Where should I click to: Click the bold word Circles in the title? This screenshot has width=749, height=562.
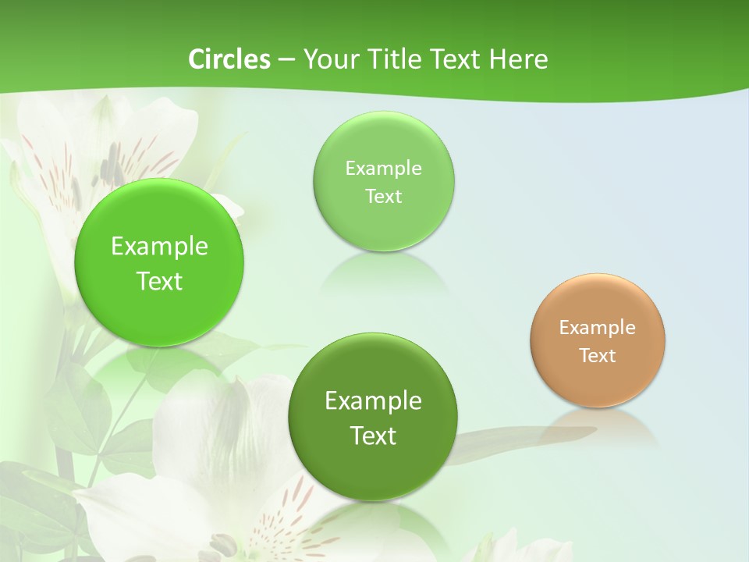click(229, 59)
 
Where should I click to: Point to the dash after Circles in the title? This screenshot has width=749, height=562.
click(286, 60)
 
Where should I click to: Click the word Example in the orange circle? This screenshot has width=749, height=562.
click(598, 328)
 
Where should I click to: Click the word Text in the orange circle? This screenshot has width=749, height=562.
click(598, 356)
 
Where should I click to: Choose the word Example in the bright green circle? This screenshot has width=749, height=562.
click(159, 247)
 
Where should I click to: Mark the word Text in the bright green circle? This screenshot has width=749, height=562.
click(159, 281)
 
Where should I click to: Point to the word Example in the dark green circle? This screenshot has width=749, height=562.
click(374, 401)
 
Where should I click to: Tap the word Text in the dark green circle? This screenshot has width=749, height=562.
click(374, 436)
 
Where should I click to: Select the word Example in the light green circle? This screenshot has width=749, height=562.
click(383, 169)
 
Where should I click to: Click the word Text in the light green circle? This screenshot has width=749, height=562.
click(383, 197)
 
